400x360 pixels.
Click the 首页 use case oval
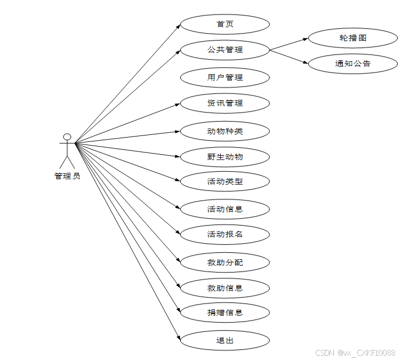pyautogui.click(x=225, y=25)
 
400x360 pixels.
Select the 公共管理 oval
pyautogui.click(x=225, y=50)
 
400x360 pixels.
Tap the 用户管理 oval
pyautogui.click(x=225, y=77)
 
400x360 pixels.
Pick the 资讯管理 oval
pyautogui.click(x=225, y=103)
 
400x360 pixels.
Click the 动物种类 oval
pyautogui.click(x=225, y=131)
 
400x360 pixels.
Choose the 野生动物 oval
pyautogui.click(x=225, y=157)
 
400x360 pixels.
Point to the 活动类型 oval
pyautogui.click(x=225, y=181)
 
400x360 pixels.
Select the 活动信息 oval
pyautogui.click(x=225, y=209)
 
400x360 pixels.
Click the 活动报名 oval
pyautogui.click(x=225, y=234)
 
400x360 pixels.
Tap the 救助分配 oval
pyautogui.click(x=225, y=262)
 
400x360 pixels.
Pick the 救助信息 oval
pyautogui.click(x=225, y=288)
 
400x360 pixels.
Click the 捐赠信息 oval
pyautogui.click(x=225, y=313)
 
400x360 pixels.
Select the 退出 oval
pyautogui.click(x=225, y=340)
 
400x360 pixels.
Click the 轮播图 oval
pyautogui.click(x=353, y=38)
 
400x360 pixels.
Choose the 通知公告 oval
pyautogui.click(x=353, y=63)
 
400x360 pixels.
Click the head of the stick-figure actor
pyautogui.click(x=67, y=137)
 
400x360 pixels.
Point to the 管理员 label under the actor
pyautogui.click(x=67, y=176)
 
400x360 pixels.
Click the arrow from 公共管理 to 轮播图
pyautogui.click(x=289, y=44)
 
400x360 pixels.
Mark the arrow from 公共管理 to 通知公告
pyautogui.click(x=289, y=57)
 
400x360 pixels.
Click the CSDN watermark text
pyautogui.click(x=355, y=353)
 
